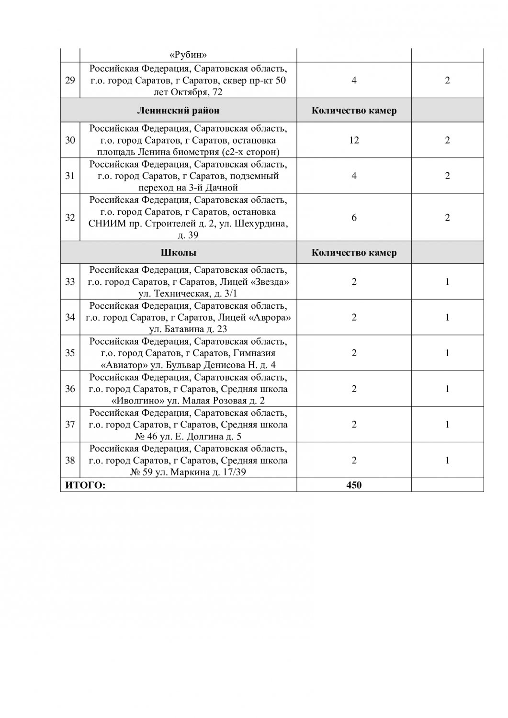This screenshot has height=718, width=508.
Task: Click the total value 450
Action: (354, 485)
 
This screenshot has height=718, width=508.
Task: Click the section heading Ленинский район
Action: (178, 111)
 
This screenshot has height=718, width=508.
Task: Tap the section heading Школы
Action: (178, 252)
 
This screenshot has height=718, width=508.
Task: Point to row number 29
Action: (70, 80)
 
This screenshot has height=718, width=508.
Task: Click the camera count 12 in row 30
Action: (354, 140)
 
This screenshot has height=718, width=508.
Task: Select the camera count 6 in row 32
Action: (354, 217)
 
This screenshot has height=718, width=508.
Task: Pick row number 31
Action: (70, 176)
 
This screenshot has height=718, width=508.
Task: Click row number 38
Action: (70, 460)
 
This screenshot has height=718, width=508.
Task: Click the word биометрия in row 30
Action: (201, 152)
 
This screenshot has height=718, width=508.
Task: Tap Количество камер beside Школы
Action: (354, 252)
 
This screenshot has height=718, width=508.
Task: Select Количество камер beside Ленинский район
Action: (354, 111)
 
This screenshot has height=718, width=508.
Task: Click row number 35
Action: (70, 353)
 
